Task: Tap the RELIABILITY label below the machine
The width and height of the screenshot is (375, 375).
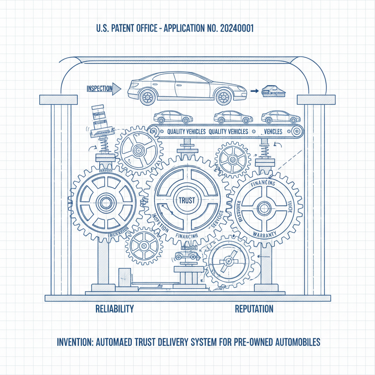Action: click(x=114, y=308)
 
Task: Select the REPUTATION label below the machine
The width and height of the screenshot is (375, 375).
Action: click(x=254, y=309)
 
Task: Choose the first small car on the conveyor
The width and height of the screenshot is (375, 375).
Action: click(x=173, y=117)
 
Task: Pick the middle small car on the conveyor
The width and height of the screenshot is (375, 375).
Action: click(x=233, y=117)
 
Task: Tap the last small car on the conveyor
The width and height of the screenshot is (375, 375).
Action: click(x=281, y=117)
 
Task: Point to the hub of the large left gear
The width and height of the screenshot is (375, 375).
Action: click(x=106, y=201)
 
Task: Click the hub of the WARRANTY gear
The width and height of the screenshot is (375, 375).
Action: click(x=263, y=208)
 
